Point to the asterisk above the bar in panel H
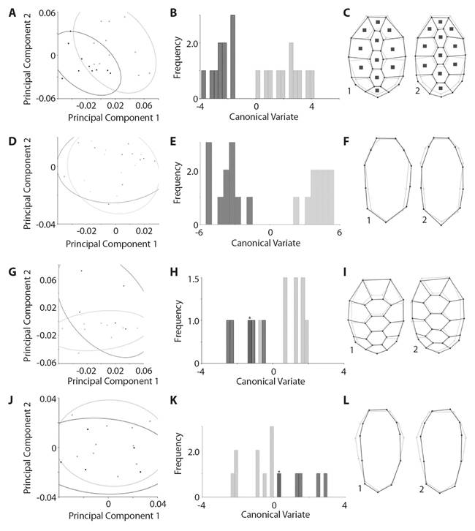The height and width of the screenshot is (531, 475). [250, 317]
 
